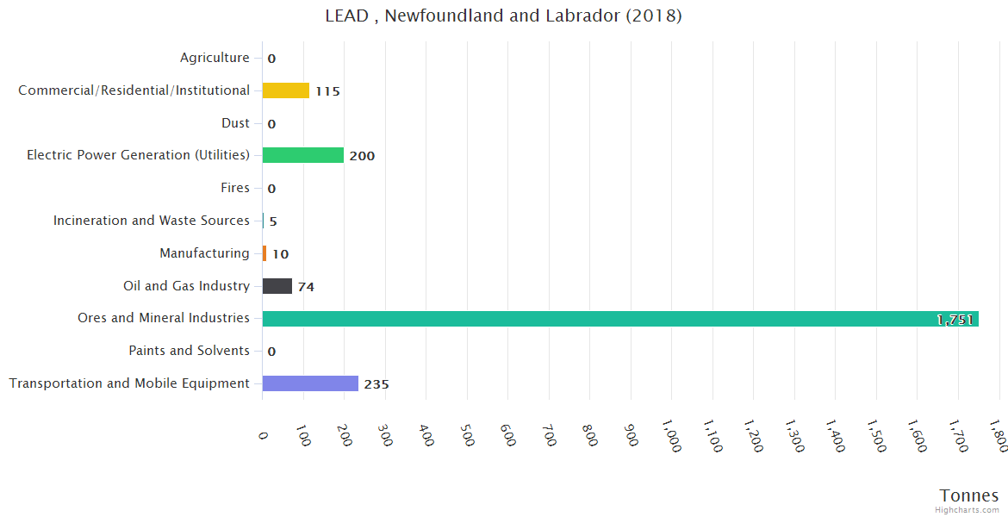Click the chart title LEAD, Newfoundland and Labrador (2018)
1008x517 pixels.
(503, 16)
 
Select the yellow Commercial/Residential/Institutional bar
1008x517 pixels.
(285, 90)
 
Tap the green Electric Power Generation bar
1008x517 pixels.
(302, 155)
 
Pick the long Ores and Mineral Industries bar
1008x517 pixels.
(619, 319)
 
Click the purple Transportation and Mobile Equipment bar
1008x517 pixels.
(310, 383)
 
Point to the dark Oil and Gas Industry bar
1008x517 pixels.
(277, 286)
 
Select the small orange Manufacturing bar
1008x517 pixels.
(264, 253)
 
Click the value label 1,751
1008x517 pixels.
(955, 320)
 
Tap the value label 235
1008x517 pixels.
(376, 384)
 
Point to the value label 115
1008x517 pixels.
(327, 91)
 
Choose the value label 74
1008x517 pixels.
(306, 287)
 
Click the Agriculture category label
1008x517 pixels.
(215, 58)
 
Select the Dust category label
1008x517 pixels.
(235, 123)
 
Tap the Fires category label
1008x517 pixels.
(235, 188)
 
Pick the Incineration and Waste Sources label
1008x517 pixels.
(152, 221)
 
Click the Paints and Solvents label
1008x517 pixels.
(189, 351)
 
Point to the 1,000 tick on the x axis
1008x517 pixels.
(671, 435)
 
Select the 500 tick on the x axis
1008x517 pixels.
(467, 433)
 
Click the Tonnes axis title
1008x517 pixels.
(969, 495)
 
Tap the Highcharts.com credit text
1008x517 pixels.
(968, 510)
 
